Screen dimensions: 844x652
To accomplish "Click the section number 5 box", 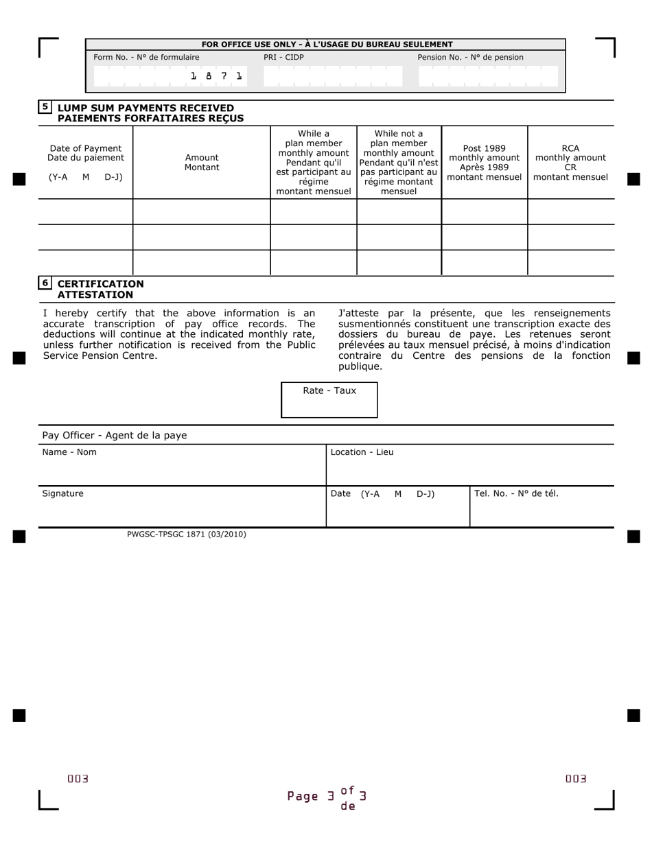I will (45, 106).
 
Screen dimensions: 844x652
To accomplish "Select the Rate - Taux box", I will (329, 400).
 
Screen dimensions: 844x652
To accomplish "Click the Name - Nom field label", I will (69, 452).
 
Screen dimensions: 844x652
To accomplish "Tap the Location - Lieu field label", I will (362, 452).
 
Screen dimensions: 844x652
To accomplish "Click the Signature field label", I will (62, 493).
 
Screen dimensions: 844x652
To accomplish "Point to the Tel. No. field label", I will (516, 493).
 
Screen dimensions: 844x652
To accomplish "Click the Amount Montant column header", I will (202, 163).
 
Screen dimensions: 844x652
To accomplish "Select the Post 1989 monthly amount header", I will (484, 163).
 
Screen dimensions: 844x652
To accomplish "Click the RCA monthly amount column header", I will (570, 163).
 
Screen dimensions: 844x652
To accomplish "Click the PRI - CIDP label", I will (283, 58).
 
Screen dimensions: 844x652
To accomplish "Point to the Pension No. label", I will (470, 58).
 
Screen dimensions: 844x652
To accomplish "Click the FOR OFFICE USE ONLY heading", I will (327, 44).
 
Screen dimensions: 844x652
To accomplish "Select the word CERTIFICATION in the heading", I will (101, 284).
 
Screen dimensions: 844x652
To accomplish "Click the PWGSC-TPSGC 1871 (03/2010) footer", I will (186, 534).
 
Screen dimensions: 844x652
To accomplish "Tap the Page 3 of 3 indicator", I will (327, 797).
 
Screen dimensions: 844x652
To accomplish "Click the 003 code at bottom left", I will (78, 779).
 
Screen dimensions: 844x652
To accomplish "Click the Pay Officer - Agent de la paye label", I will (114, 436).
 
